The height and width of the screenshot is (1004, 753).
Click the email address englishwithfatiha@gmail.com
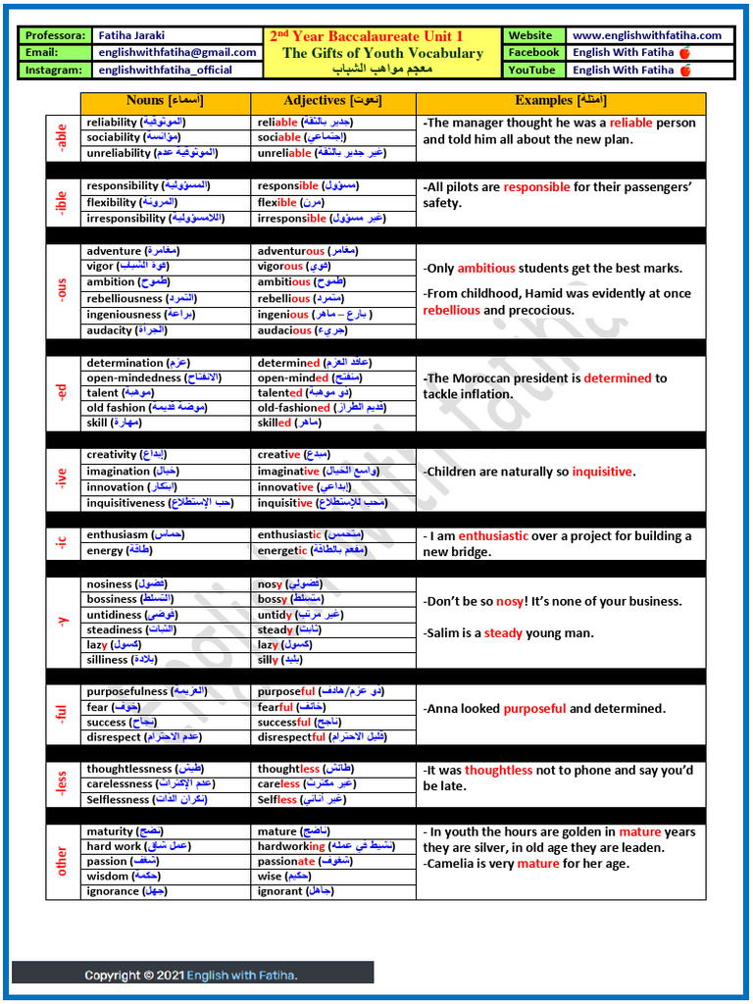coord(177,53)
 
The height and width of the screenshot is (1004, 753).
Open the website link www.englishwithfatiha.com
coord(646,35)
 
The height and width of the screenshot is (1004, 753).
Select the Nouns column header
coord(165,101)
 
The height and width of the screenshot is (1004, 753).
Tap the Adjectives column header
coord(333,101)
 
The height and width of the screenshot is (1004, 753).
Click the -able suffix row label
coord(62,138)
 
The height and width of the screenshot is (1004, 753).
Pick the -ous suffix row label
coord(62,290)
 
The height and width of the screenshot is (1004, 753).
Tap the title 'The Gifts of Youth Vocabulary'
coord(382,53)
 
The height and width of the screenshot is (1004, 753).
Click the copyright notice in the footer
coord(191,975)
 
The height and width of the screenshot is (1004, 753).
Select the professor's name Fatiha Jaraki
coord(134,35)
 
